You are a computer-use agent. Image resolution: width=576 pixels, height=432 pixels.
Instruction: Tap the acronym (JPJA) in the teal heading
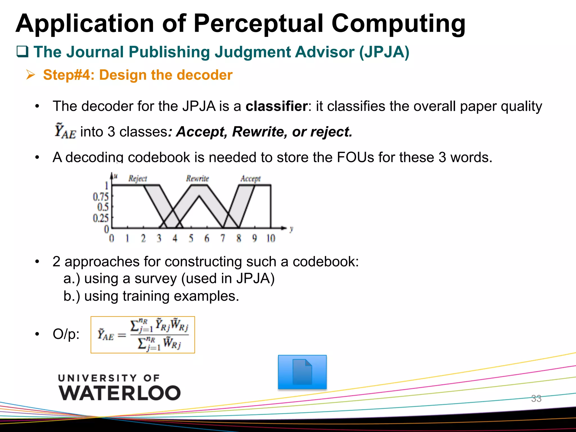coord(384,52)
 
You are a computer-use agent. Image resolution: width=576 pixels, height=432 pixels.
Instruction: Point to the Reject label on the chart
coord(138,179)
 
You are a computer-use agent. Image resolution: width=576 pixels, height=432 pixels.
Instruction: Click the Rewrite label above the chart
coord(197,179)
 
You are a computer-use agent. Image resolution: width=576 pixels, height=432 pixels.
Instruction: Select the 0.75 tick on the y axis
coord(100,197)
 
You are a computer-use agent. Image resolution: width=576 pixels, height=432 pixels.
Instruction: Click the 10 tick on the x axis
coord(271,238)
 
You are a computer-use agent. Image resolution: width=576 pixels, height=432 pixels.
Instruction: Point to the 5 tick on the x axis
coord(191,238)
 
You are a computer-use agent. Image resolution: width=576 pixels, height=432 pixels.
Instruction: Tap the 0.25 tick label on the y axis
coord(100,218)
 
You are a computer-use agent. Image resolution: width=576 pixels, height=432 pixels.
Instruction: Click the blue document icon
coord(302,372)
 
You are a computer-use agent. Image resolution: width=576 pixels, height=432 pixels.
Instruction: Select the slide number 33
coord(536,399)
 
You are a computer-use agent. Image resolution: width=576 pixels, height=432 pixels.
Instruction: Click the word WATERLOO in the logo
coord(120,393)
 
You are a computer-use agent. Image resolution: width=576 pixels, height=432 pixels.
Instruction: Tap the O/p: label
coord(66,334)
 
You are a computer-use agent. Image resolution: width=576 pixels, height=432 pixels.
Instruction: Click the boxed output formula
coord(143,335)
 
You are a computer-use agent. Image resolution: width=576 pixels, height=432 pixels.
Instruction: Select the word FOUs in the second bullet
coord(355,157)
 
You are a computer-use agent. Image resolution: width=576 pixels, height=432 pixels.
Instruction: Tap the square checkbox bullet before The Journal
coord(22,52)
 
